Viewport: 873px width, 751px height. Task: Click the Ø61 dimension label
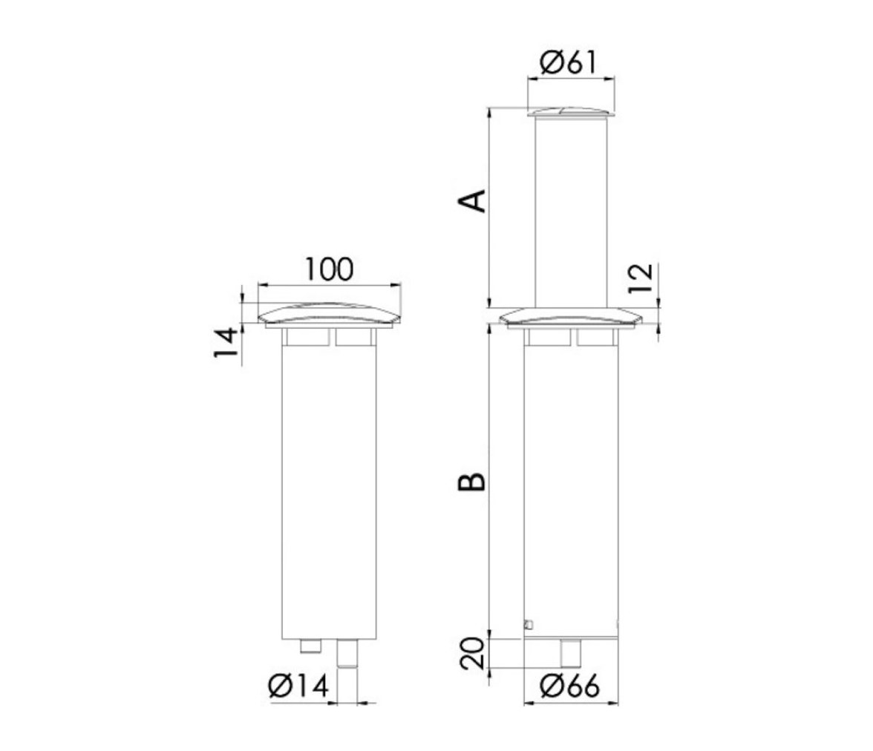coord(569,62)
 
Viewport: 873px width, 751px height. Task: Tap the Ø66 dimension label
coord(570,686)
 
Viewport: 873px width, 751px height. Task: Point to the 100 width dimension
coord(329,269)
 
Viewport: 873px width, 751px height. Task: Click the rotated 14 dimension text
coord(226,342)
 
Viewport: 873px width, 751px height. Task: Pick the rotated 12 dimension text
coord(640,278)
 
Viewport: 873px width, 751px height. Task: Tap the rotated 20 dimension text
coord(473,654)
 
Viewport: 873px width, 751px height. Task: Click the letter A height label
coord(471,201)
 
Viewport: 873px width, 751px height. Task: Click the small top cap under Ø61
coord(571,113)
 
